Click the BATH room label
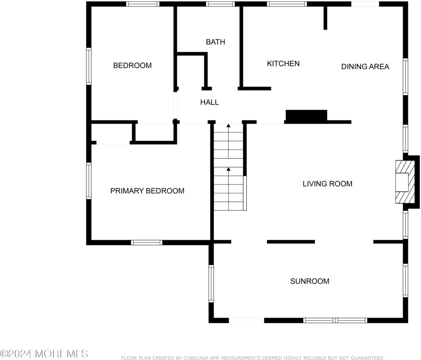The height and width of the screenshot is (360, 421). (x=215, y=42)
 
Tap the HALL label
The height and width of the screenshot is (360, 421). (x=209, y=102)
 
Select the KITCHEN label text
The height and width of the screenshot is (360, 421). (x=283, y=64)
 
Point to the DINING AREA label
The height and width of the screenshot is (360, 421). (x=365, y=67)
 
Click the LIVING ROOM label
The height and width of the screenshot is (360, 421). (x=328, y=184)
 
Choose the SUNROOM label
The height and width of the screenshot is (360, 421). (x=310, y=282)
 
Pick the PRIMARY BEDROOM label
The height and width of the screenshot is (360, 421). (x=148, y=191)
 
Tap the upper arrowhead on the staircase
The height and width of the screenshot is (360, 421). (x=229, y=125)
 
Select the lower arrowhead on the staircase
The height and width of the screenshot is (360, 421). (x=229, y=169)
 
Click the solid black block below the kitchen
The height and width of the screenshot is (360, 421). (x=306, y=115)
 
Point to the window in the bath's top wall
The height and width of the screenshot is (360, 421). (x=220, y=4)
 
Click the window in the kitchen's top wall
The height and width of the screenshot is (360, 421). (x=287, y=4)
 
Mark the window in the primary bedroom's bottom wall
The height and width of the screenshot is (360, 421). (x=147, y=243)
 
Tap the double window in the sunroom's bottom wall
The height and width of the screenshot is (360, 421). (x=335, y=320)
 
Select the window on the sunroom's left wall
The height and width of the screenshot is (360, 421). (x=211, y=284)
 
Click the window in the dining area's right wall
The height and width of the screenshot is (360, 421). (x=405, y=76)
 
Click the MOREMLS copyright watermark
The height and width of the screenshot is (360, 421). (x=44, y=353)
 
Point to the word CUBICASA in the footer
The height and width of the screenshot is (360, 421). (x=195, y=358)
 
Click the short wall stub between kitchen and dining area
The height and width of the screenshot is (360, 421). (x=326, y=18)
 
